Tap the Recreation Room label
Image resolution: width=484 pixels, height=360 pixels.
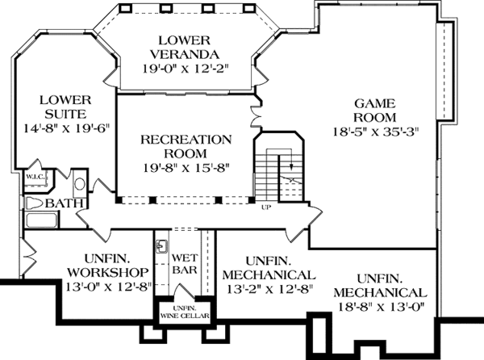pyautogui.click(x=186, y=146)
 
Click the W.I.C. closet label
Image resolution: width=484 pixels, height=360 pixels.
pyautogui.click(x=35, y=175)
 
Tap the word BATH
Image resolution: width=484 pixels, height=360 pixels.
pyautogui.click(x=60, y=203)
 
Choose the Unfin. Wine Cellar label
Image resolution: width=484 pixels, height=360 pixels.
pyautogui.click(x=182, y=312)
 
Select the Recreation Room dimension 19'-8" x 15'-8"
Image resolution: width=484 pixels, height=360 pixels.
pyautogui.click(x=186, y=167)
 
